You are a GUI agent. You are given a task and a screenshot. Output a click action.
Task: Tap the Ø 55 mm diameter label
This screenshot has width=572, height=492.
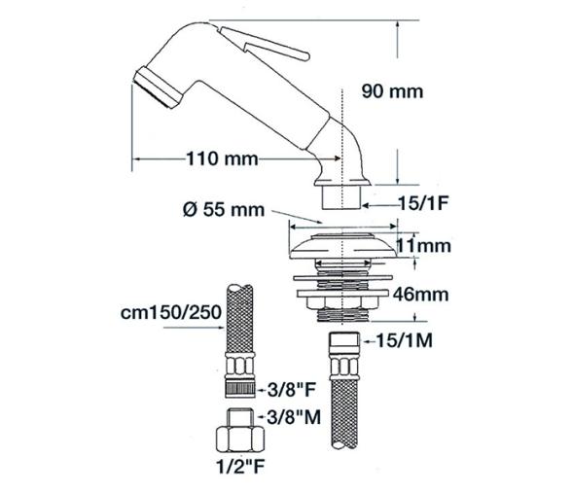point(218,211)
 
